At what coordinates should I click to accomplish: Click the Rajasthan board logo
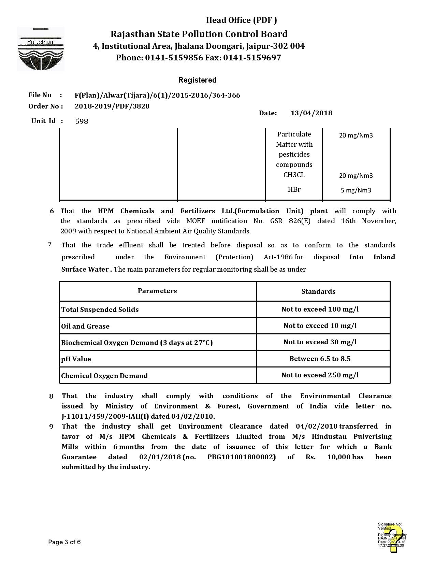point(41,49)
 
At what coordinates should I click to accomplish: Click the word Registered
point(197,80)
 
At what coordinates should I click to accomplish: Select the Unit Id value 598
point(82,121)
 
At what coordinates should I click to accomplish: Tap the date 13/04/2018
point(311,113)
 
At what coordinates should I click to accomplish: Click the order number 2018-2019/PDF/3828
point(112,106)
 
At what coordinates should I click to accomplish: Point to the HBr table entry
point(294,189)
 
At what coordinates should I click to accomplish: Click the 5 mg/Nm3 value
point(356,190)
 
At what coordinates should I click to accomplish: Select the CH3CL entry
point(294,175)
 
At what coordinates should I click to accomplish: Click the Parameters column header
point(157,291)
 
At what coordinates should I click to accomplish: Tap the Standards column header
point(318,291)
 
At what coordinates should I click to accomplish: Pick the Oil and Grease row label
point(85,326)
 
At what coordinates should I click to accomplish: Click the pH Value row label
point(76,359)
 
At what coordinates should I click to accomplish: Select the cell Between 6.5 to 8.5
point(320,359)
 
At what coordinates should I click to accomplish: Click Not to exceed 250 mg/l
point(320,375)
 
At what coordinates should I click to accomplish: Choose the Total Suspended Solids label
point(100,309)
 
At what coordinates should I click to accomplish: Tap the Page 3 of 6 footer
point(64,542)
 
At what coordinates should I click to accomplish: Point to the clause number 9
point(51,427)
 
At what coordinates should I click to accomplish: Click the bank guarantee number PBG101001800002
point(241,457)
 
